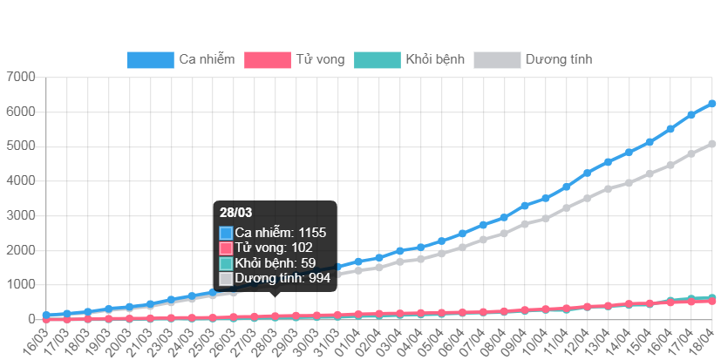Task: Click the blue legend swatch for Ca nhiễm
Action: [150, 60]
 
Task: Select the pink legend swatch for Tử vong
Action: [267, 60]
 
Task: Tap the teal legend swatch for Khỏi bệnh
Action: [377, 60]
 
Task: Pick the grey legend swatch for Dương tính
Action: [496, 60]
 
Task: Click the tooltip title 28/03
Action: [236, 213]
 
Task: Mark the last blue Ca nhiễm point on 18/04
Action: [712, 104]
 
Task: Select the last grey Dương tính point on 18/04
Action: [712, 144]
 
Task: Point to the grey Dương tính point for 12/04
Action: [588, 199]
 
